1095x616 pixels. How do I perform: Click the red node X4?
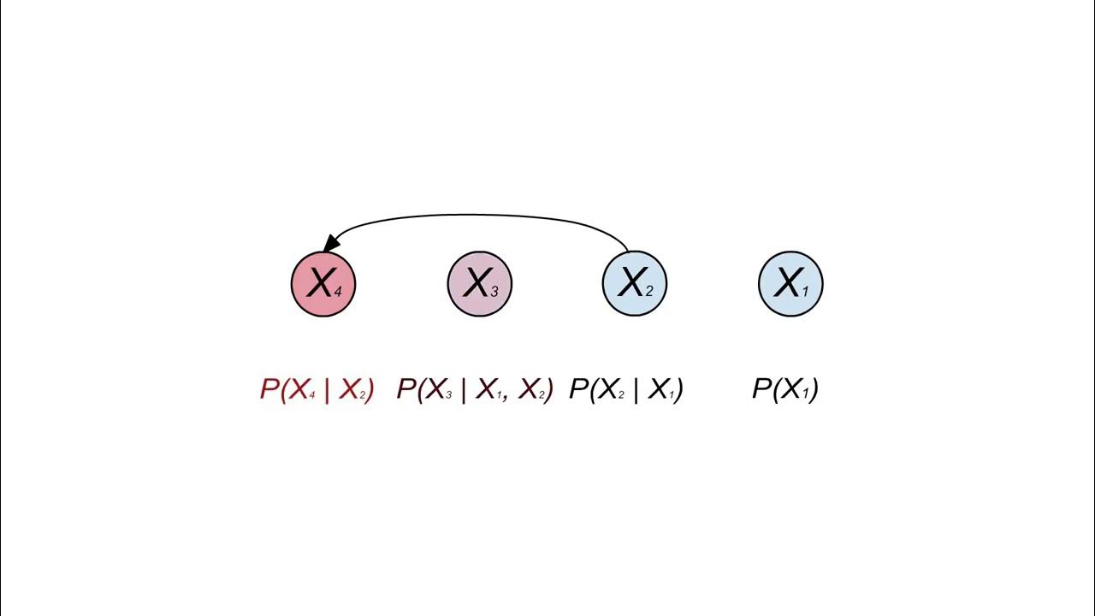coord(323,283)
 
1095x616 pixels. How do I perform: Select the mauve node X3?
coord(479,283)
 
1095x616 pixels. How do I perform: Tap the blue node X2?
coord(635,283)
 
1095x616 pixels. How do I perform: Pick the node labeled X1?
coord(790,283)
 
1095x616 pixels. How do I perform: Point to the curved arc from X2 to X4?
coord(479,216)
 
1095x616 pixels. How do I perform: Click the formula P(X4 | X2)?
coord(317,390)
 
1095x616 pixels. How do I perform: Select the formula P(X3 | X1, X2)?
coord(475,390)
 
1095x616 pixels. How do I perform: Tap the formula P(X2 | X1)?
coord(625,390)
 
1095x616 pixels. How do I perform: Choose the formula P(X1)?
coord(784,390)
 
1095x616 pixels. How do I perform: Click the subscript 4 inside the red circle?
coord(338,292)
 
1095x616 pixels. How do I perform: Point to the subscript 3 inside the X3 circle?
coord(494,292)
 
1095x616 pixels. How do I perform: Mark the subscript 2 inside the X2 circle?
coord(649,292)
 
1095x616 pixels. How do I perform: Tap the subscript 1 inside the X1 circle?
coord(805,292)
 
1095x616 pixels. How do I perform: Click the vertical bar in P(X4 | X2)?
coord(327,390)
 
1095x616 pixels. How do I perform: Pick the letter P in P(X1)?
coord(761,390)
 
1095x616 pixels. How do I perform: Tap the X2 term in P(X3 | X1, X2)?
coord(532,390)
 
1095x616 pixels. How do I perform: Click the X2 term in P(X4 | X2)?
coord(353,390)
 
